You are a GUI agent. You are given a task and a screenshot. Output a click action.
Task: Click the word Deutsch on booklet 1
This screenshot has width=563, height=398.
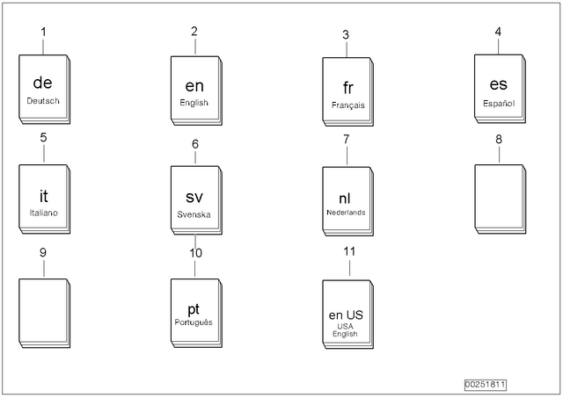point(43,101)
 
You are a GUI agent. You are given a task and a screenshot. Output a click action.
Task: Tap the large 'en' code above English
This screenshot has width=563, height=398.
point(194,86)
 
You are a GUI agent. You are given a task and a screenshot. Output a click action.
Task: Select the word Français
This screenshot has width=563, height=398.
point(348,105)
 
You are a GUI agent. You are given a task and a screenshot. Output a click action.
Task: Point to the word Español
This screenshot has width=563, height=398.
point(499,104)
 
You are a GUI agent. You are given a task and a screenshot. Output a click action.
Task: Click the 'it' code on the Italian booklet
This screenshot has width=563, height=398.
point(43,196)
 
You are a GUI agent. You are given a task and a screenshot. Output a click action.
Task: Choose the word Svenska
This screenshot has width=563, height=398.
point(194,214)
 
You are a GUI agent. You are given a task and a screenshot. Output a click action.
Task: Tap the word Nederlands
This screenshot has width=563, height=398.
point(346,213)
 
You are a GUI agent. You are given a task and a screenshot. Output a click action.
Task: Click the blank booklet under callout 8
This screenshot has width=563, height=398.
point(501,199)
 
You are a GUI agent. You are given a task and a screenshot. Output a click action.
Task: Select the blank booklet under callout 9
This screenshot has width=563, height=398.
point(44,313)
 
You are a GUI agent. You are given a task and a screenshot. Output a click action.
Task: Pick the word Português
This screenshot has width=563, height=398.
point(194,322)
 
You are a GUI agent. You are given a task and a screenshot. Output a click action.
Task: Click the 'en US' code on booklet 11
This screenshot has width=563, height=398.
point(346,315)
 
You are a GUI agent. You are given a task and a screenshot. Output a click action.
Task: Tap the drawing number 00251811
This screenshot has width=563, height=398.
point(485,385)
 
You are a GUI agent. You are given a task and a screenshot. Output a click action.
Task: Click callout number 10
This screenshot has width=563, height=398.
point(195,253)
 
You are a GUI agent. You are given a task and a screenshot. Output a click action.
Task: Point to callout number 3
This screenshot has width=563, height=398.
point(346,35)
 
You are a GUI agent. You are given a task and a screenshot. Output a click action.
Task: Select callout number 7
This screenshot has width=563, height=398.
point(346,139)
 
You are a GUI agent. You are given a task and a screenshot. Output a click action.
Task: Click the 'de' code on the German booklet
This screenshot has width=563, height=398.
point(43,83)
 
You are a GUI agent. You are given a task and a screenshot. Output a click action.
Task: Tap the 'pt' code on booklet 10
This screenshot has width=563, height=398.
point(194,309)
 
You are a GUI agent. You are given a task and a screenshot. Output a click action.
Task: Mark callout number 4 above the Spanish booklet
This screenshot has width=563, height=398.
point(498,32)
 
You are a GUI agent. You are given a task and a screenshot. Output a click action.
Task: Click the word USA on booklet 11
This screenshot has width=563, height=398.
point(345,327)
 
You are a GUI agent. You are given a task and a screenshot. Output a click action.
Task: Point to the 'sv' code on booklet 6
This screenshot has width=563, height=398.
point(194,197)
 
